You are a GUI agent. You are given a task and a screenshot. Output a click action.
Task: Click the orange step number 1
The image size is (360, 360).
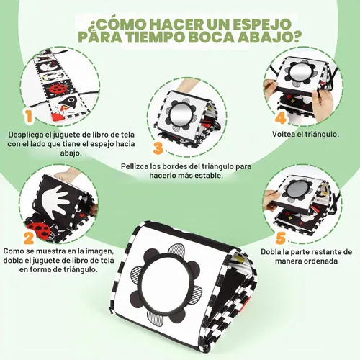(29, 117)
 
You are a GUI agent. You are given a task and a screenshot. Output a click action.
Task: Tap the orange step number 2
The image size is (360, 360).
(29, 238)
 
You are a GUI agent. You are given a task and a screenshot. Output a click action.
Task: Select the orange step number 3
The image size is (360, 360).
(158, 148)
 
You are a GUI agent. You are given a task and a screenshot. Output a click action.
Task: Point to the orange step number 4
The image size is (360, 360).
(280, 117)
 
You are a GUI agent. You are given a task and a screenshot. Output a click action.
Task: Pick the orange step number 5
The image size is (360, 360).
(280, 238)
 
